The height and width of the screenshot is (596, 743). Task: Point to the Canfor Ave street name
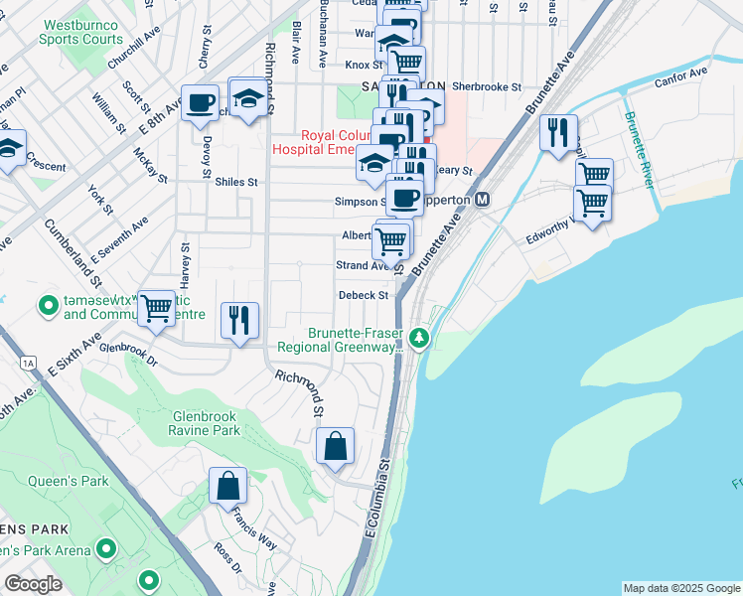click(x=680, y=73)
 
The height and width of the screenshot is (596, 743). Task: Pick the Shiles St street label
click(x=235, y=182)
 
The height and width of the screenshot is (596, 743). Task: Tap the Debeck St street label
click(x=363, y=295)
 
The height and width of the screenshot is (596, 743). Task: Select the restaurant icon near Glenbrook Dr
click(x=238, y=320)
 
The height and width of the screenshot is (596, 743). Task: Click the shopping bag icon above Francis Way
click(x=227, y=486)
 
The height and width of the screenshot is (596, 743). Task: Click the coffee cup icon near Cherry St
click(x=200, y=102)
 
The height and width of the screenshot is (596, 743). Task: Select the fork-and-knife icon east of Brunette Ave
click(x=558, y=131)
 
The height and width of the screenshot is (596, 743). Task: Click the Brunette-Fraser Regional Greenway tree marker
click(x=420, y=340)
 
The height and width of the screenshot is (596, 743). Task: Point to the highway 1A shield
click(x=28, y=364)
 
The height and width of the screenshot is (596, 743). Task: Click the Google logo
click(x=33, y=584)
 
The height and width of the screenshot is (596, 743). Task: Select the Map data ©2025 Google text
click(x=680, y=588)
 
